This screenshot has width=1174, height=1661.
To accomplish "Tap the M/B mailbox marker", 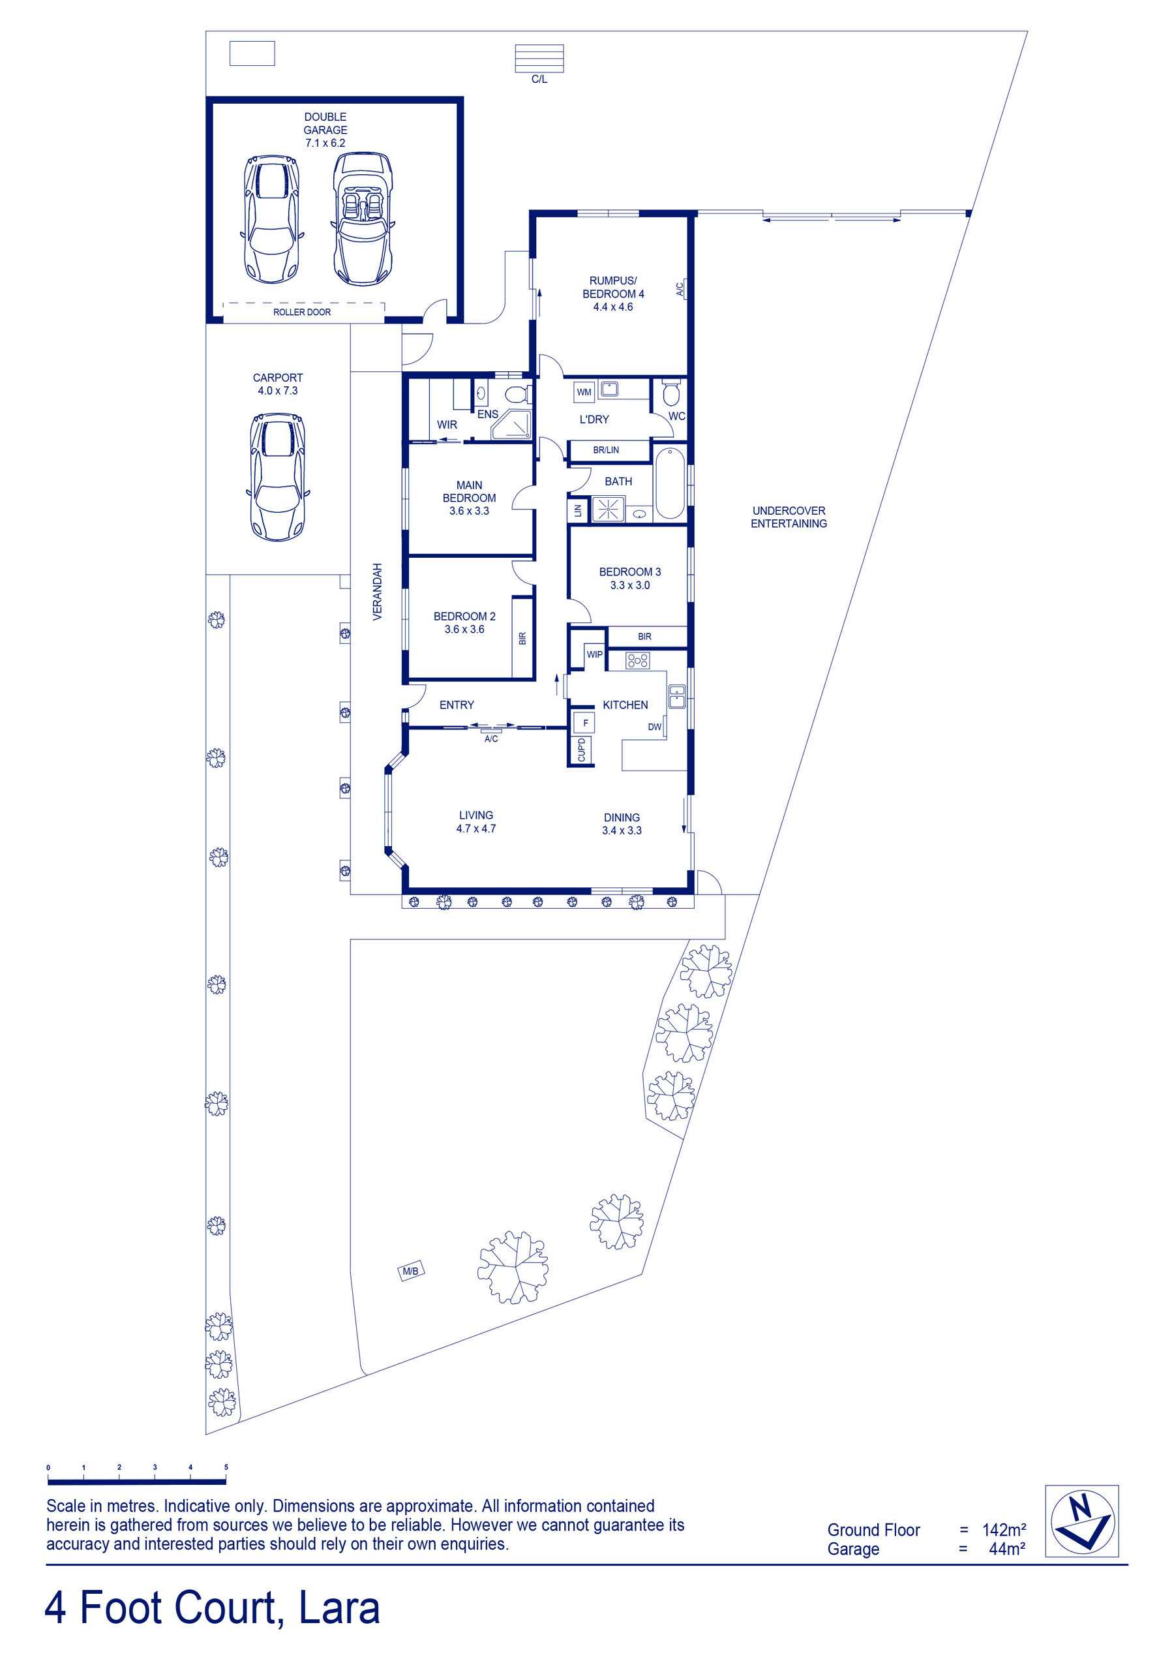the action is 411,1270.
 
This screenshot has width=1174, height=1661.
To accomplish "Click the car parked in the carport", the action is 278,477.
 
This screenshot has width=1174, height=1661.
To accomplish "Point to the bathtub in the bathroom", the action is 670,483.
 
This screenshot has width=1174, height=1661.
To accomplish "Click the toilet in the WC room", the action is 671,393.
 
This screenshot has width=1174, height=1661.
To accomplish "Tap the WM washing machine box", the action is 584,392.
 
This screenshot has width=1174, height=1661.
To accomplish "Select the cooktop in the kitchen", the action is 637,660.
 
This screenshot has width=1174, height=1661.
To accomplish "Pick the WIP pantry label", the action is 595,654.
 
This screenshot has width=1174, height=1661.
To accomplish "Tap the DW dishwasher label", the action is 655,726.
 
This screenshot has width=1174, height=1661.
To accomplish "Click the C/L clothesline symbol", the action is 539,58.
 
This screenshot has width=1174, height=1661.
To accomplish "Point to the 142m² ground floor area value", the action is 1004,1529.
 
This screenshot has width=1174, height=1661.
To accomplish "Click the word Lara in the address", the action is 339,1608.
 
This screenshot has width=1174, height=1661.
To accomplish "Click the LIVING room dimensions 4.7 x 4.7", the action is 476,829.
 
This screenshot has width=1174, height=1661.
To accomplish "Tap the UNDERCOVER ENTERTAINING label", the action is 789,517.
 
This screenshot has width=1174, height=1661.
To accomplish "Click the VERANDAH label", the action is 377,591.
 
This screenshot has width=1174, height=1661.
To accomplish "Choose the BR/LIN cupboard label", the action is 605,450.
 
